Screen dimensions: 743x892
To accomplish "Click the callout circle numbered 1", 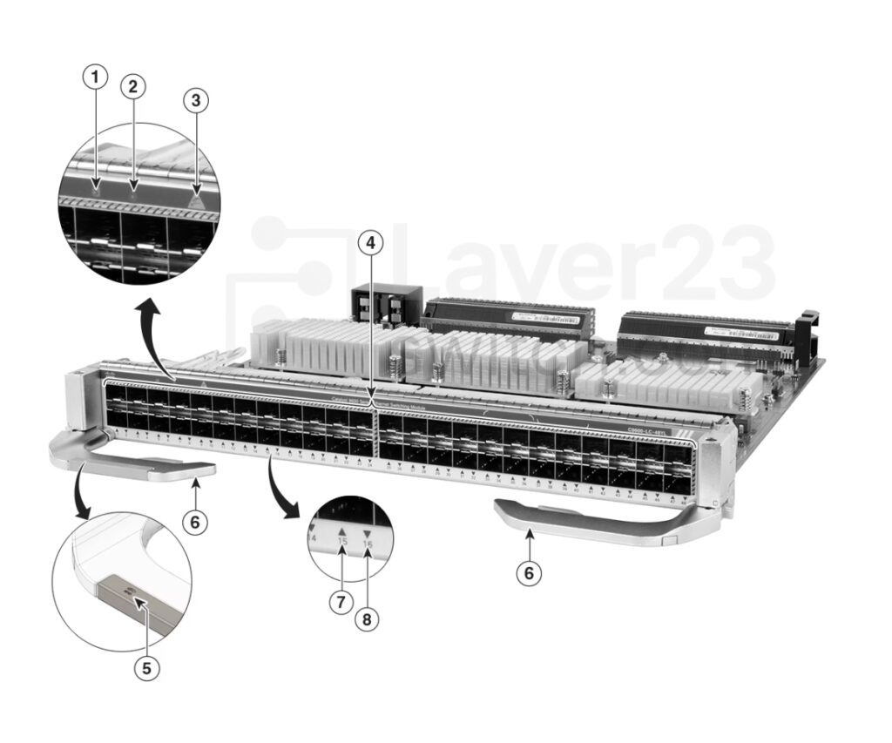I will click(x=95, y=78).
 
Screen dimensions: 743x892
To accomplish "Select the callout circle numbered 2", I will click(x=133, y=86).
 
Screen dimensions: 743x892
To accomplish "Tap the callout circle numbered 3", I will click(x=196, y=100).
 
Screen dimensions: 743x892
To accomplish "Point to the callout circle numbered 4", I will click(x=370, y=244).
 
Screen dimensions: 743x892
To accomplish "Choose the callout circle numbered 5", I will click(x=146, y=668).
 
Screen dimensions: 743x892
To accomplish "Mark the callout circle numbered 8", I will click(x=368, y=619).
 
